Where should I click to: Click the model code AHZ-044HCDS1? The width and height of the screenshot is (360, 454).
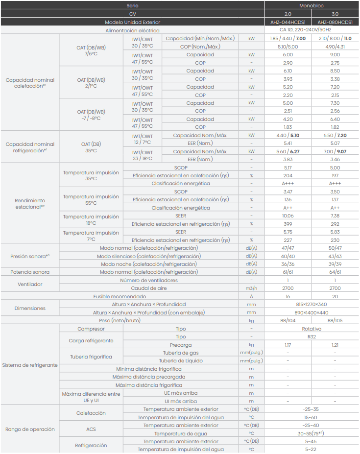pyautogui.click(x=288, y=22)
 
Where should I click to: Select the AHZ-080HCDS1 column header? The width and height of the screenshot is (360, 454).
pyautogui.click(x=335, y=22)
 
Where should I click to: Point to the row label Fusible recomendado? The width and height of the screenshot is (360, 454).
pyautogui.click(x=120, y=296)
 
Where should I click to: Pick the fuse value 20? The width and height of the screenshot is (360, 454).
pyautogui.click(x=335, y=296)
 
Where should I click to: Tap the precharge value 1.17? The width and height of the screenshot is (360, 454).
pyautogui.click(x=288, y=345)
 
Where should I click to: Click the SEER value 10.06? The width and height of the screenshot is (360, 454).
pyautogui.click(x=288, y=215)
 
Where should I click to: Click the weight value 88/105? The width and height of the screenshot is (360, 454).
pyautogui.click(x=335, y=320)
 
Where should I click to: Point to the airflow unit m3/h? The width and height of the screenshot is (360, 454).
pyautogui.click(x=251, y=288)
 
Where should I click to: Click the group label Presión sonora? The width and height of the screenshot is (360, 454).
pyautogui.click(x=30, y=256)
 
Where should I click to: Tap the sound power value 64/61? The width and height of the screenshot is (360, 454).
pyautogui.click(x=335, y=272)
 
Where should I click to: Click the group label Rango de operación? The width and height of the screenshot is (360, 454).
pyautogui.click(x=30, y=430)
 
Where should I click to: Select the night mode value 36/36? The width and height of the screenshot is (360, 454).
pyautogui.click(x=288, y=264)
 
